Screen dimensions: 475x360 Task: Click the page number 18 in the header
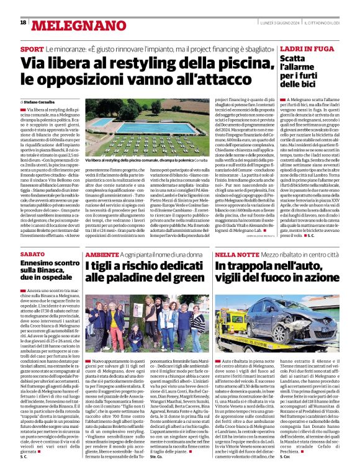(x=23, y=23)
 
